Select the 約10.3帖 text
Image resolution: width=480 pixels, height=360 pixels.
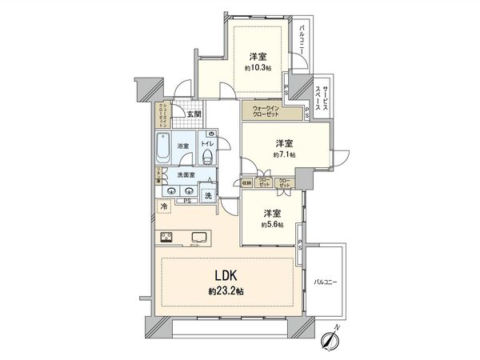pyautogui.click(x=258, y=68)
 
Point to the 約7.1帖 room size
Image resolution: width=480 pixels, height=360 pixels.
pyautogui.click(x=284, y=154)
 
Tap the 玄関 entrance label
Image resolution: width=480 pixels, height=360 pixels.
pyautogui.click(x=194, y=114)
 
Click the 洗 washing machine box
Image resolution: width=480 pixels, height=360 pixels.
pyautogui.click(x=207, y=194)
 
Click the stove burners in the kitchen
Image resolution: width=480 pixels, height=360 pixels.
pyautogui.click(x=169, y=236)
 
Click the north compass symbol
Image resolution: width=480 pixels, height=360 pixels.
pyautogui.click(x=329, y=339)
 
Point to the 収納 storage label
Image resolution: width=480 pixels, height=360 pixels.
pyautogui.click(x=246, y=183)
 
